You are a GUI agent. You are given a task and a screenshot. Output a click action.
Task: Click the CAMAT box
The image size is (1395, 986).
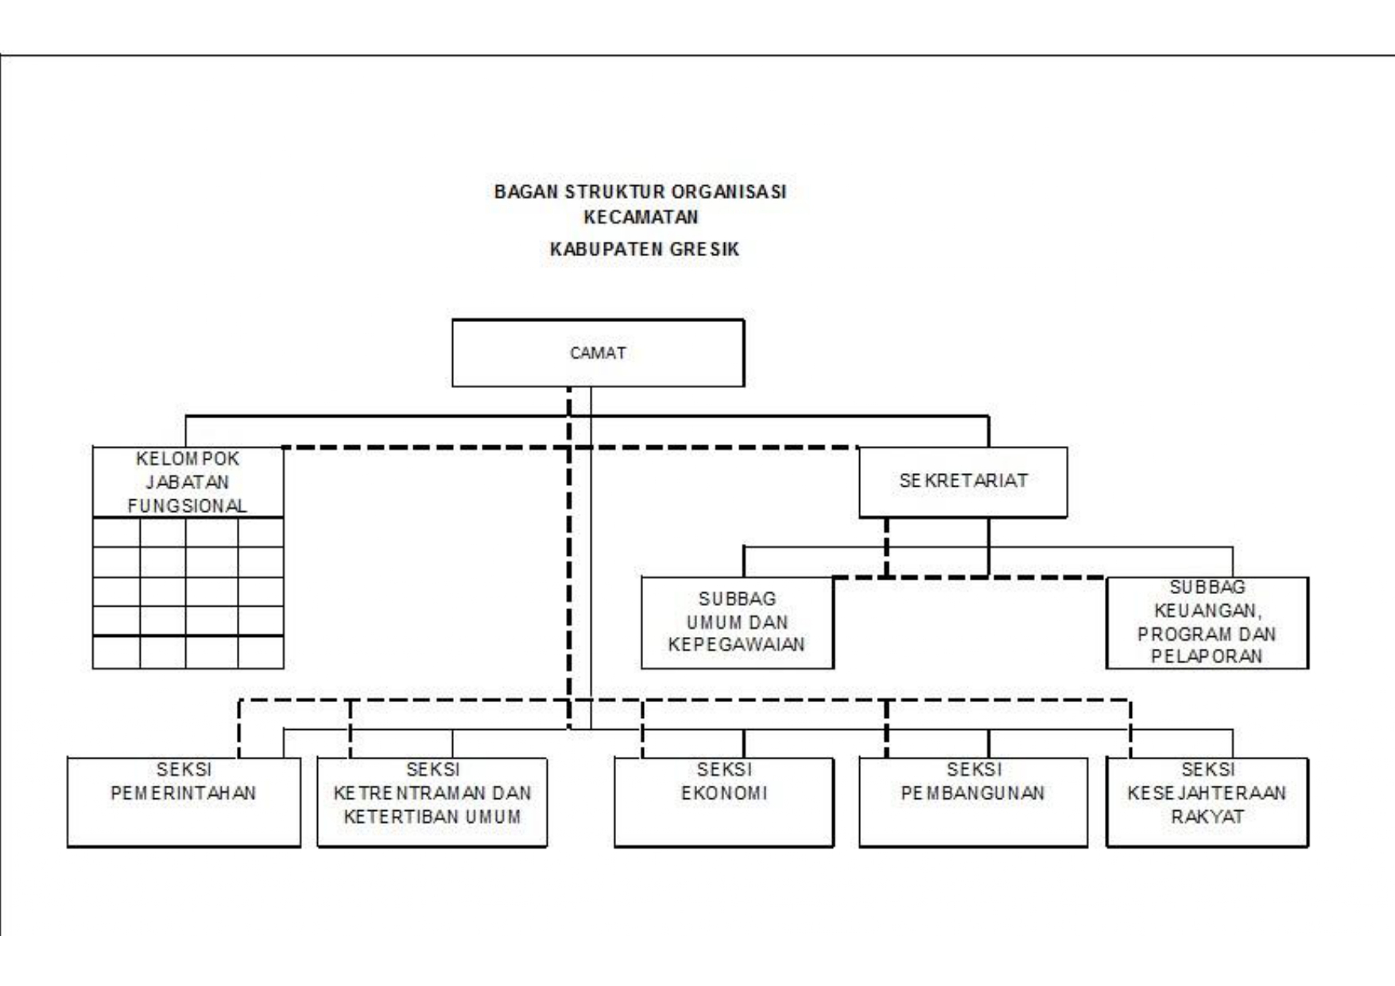tap(598, 353)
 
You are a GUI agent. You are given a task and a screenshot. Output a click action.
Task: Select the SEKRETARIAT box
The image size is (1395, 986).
tap(963, 482)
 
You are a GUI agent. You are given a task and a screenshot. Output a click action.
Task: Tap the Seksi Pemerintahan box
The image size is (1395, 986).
tap(184, 802)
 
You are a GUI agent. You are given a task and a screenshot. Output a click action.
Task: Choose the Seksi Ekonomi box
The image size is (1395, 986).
tap(723, 802)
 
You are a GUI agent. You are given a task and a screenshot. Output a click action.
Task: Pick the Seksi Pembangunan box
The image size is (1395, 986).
tap(973, 802)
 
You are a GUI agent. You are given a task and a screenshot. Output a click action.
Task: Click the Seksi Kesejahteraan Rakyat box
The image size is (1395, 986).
tap(1207, 802)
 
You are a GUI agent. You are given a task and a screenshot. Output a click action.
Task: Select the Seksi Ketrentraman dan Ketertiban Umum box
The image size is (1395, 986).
tap(432, 802)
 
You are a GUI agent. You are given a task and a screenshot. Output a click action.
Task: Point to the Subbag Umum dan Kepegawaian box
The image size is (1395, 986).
tap(737, 623)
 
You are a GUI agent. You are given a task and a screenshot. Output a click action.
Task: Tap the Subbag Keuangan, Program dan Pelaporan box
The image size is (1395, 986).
tap(1207, 623)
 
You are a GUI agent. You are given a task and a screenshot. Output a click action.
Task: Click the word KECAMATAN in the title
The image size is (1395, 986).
tap(641, 217)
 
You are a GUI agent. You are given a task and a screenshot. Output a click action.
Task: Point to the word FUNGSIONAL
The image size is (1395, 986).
tap(188, 506)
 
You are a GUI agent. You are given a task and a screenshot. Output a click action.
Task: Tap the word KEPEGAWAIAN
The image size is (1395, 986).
tap(737, 644)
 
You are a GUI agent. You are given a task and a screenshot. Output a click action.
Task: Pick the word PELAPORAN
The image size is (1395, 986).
tap(1207, 657)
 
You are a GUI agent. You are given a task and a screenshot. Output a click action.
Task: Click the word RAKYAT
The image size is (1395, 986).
tap(1207, 817)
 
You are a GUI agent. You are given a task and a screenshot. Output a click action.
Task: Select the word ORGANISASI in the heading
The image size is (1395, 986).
tap(729, 192)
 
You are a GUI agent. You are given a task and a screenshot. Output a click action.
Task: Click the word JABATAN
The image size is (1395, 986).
tap(188, 482)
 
